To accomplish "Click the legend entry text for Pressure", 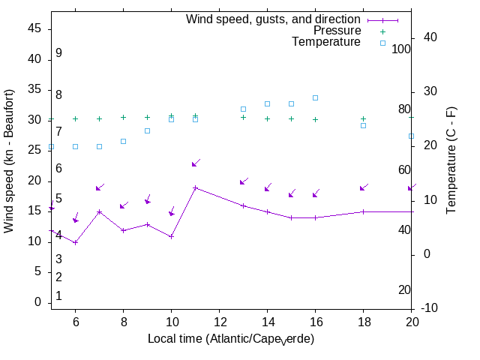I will [x=337, y=31].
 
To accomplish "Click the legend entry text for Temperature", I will [x=326, y=42].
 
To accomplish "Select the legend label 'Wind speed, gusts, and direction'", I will [x=273, y=19].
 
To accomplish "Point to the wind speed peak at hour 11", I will [x=195, y=188].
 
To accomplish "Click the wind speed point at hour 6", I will [x=75, y=242].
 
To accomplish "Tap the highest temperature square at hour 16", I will [x=315, y=97].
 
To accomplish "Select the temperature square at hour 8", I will [x=123, y=141].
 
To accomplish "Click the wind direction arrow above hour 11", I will [x=196, y=163].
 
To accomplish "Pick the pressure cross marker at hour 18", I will [x=363, y=118].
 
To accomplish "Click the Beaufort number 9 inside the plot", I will [x=58, y=53].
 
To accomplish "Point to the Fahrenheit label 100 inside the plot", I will [x=402, y=49].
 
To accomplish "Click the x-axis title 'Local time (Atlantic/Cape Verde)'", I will [x=231, y=339].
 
